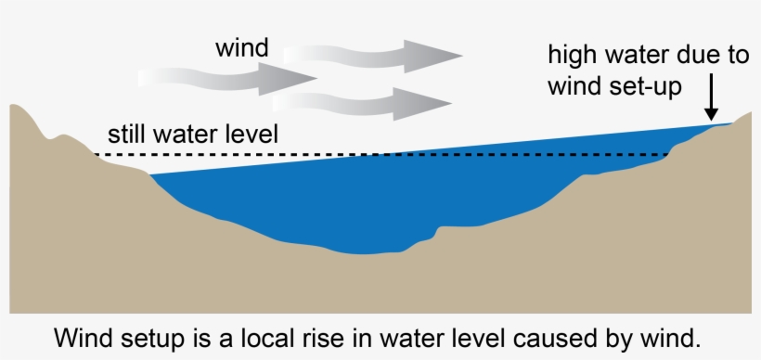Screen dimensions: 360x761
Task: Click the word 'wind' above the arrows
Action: click(x=241, y=47)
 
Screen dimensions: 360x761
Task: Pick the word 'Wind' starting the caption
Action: click(x=80, y=335)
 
